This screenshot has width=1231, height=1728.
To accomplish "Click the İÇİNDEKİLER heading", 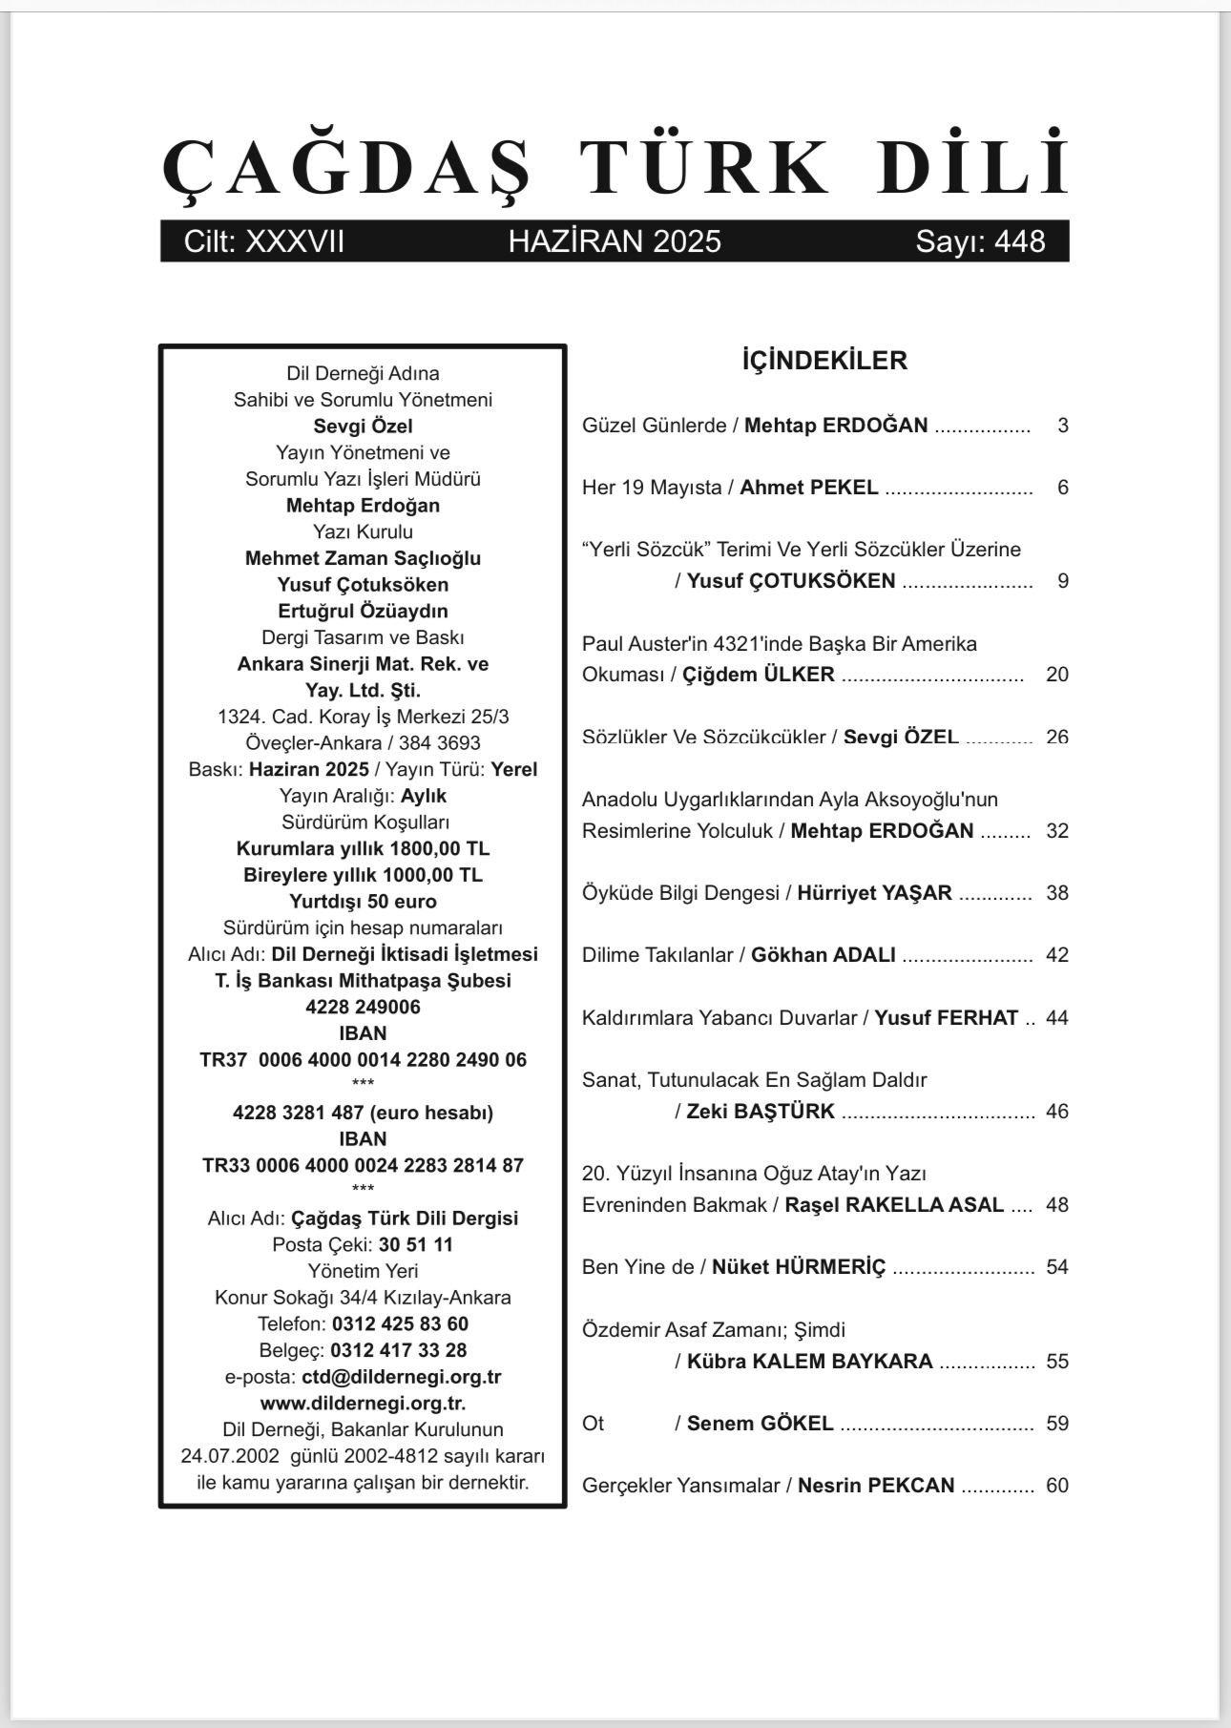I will coord(824,361).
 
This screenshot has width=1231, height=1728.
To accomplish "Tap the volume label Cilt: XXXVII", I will coord(264,241).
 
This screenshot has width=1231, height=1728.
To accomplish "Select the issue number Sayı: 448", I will coord(980,241).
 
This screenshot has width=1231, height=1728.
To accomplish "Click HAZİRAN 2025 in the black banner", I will coord(615,241).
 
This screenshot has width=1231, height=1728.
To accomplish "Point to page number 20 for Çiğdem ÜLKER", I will coord(1056,675).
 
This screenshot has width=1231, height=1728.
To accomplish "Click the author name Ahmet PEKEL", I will coord(809,488).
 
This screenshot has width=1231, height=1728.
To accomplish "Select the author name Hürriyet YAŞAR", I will coord(874,893).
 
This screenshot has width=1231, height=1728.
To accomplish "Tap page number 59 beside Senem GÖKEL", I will coord(1056,1424).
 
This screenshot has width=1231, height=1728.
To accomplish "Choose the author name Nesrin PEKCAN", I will coord(876,1486).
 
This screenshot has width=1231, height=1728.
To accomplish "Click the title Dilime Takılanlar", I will coord(657,955).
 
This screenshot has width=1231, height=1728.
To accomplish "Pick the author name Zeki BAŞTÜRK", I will coord(761,1112).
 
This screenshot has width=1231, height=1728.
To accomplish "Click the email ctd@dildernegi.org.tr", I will coord(402,1377).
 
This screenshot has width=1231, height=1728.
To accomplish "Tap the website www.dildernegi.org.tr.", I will coord(363,1404).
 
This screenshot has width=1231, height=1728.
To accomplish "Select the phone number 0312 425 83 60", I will coord(400,1324).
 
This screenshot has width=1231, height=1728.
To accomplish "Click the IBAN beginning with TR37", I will coord(363,1060).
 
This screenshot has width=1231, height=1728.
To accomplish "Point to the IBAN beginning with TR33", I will coord(363,1166).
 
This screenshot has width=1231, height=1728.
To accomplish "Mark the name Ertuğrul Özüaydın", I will coord(363,611).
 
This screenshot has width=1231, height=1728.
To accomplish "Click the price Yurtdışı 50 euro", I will coord(363,902).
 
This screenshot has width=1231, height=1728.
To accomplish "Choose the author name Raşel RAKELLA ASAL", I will coord(894,1205).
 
